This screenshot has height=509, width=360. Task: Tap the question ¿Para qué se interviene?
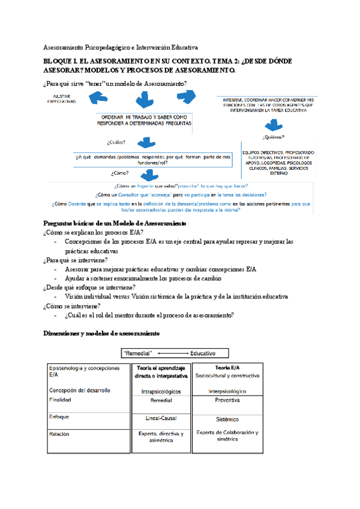(x=76, y=260)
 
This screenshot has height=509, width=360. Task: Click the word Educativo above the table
(x=202, y=353)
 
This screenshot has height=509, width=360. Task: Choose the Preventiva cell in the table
(x=227, y=399)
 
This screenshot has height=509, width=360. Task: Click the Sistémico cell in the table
(x=227, y=420)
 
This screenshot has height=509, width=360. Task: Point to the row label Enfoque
(x=59, y=416)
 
